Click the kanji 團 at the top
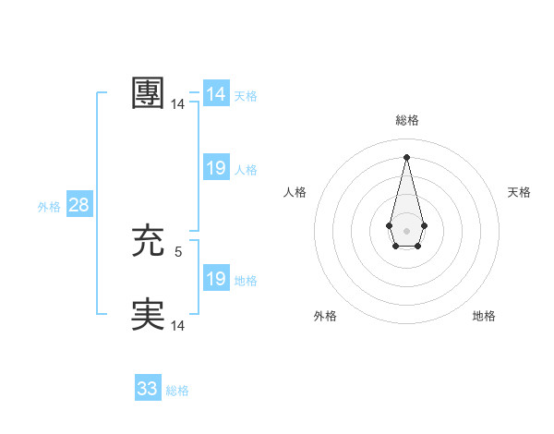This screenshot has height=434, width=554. (148, 94)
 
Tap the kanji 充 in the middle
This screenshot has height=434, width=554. (148, 242)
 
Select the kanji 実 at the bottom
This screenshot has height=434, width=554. (148, 315)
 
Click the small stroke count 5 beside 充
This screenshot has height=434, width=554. (178, 251)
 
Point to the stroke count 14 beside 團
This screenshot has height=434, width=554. (177, 105)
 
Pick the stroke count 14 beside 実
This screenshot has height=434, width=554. (177, 325)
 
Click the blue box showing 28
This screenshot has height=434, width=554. (78, 205)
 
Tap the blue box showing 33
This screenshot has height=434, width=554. (148, 389)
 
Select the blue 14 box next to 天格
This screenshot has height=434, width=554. (216, 94)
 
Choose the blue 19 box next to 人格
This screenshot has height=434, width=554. (216, 168)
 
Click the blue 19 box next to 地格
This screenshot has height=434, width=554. (216, 279)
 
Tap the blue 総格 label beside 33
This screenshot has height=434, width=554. (177, 391)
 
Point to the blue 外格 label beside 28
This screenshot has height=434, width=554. (49, 207)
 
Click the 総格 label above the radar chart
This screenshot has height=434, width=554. (406, 120)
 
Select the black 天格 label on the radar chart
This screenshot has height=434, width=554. (519, 192)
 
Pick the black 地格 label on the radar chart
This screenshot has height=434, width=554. (484, 316)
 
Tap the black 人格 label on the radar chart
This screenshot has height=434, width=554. (295, 192)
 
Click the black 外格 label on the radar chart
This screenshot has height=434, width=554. (325, 316)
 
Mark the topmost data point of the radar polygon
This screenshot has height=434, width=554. (406, 156)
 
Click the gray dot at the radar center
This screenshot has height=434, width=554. (406, 230)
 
